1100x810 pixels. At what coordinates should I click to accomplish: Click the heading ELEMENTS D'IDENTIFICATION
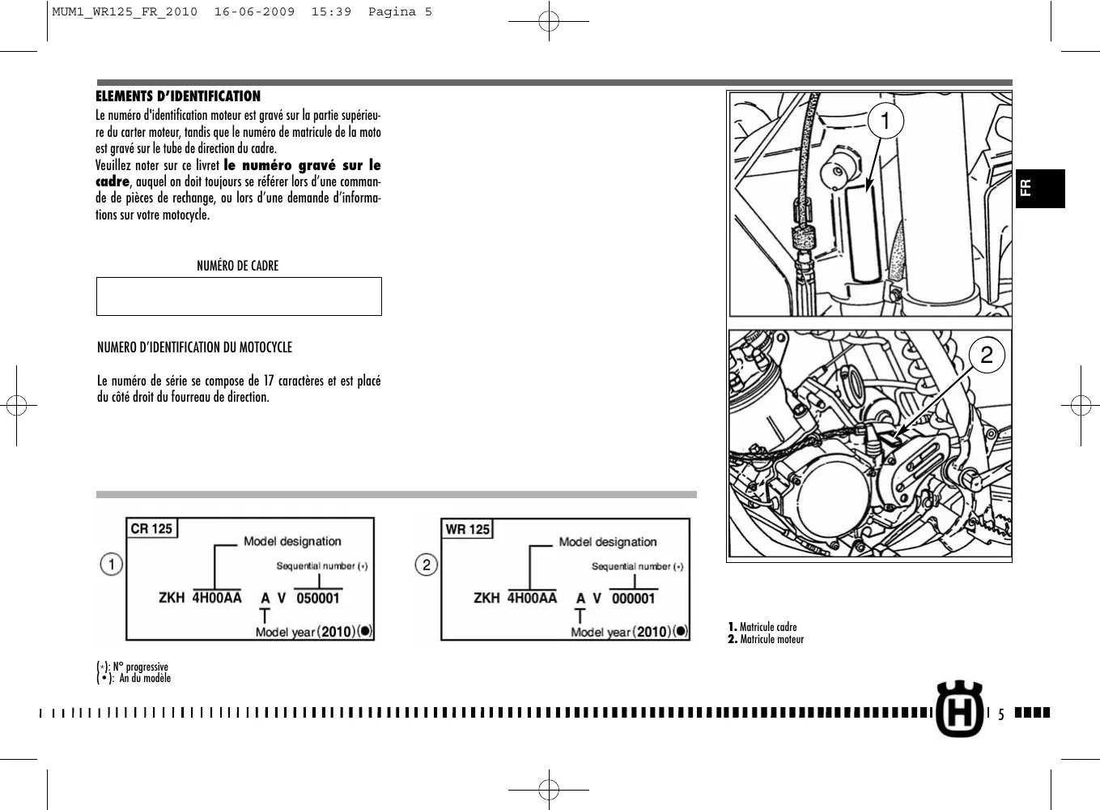178,96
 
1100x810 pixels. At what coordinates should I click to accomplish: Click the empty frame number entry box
239,296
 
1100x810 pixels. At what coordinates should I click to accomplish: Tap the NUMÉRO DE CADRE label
237,266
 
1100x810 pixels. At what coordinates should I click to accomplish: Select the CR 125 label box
151,529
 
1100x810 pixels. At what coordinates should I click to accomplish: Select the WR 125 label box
467,530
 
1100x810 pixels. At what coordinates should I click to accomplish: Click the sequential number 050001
318,599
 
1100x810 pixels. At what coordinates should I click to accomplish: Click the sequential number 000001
633,599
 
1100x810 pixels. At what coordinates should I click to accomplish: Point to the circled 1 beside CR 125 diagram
112,564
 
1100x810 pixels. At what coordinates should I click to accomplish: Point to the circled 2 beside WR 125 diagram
426,565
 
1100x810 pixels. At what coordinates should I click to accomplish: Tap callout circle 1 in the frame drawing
886,122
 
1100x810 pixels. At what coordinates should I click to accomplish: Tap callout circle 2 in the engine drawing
986,355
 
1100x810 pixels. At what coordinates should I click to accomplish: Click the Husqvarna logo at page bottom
960,709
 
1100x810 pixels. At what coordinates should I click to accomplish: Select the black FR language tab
1040,189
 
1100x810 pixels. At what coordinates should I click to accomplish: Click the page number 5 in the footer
1000,714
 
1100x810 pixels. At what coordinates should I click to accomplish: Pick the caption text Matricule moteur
771,640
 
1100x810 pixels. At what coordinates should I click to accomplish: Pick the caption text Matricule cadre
767,627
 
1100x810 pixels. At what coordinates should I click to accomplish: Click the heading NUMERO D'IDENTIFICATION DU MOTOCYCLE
194,347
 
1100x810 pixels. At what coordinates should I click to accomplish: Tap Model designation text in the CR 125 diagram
292,541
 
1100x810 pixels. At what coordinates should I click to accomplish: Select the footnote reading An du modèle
145,679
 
